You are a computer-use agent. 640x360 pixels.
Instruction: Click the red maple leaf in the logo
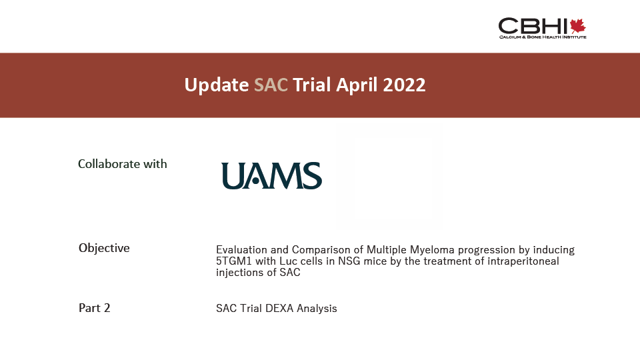(578, 26)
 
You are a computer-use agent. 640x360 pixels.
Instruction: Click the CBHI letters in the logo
(533, 26)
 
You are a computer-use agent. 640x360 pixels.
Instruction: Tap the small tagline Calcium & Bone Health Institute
(543, 37)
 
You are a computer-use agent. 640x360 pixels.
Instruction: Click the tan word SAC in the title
(271, 85)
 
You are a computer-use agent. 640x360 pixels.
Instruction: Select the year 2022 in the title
(404, 85)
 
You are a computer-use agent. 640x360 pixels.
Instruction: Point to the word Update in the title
(216, 85)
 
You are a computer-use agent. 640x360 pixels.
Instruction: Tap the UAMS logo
(271, 176)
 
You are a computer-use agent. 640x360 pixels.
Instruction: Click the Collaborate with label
(123, 164)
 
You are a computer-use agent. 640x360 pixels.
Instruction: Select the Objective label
(104, 248)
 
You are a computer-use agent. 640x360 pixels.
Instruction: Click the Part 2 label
(94, 308)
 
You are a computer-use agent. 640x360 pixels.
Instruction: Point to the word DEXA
(279, 308)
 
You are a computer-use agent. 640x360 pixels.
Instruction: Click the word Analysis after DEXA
(317, 309)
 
